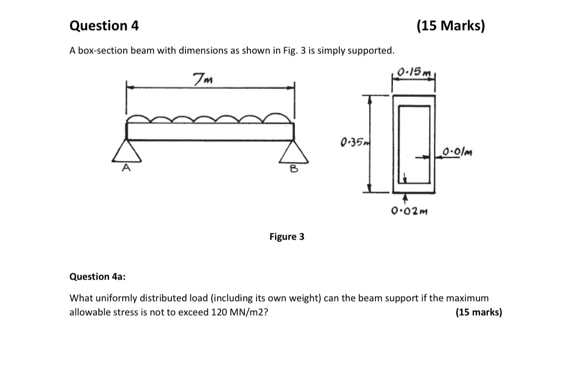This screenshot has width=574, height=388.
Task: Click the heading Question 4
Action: (x=104, y=26)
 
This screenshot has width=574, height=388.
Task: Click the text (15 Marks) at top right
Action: (x=451, y=26)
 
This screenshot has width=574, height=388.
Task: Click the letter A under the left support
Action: (x=127, y=168)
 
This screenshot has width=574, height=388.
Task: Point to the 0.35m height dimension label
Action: (x=352, y=142)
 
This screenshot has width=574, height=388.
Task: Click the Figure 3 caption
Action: (x=287, y=237)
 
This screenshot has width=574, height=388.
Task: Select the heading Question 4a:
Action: (x=97, y=277)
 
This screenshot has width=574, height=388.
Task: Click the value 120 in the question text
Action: (x=219, y=312)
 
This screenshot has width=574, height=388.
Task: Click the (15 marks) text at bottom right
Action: (x=479, y=312)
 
